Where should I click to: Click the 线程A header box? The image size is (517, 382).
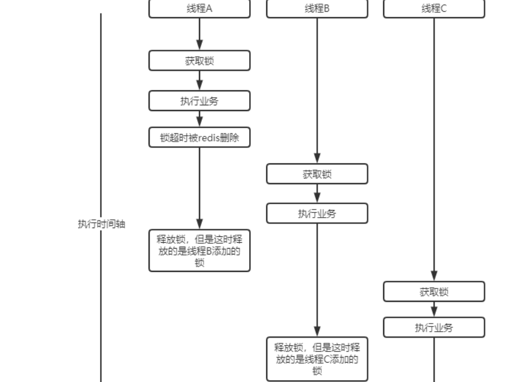coord(199,9)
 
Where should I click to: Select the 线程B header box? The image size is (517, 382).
coord(317,9)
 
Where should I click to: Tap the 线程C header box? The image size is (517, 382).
coord(434,9)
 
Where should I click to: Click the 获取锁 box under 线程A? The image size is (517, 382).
coord(199,61)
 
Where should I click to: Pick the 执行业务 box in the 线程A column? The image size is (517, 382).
coord(199,101)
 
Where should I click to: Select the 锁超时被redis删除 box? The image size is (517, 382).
coord(199,137)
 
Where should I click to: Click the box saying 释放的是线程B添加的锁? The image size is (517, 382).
coord(199,250)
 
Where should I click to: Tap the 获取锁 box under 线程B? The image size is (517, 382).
coord(317,174)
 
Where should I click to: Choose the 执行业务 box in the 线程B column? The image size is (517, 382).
coord(317,214)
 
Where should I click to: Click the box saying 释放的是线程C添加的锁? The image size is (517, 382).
coord(317,359)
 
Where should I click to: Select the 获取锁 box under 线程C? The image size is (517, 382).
coord(434,291)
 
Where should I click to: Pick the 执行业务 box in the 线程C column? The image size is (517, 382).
coord(434,328)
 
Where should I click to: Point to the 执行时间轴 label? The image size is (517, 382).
coord(101,224)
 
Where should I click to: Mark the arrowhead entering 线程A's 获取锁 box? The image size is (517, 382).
coord(199,45)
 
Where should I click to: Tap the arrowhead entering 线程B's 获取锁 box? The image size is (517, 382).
coord(317,158)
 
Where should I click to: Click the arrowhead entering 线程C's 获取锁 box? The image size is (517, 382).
coord(434,276)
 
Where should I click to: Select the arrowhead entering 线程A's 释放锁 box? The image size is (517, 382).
coord(199,223)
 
